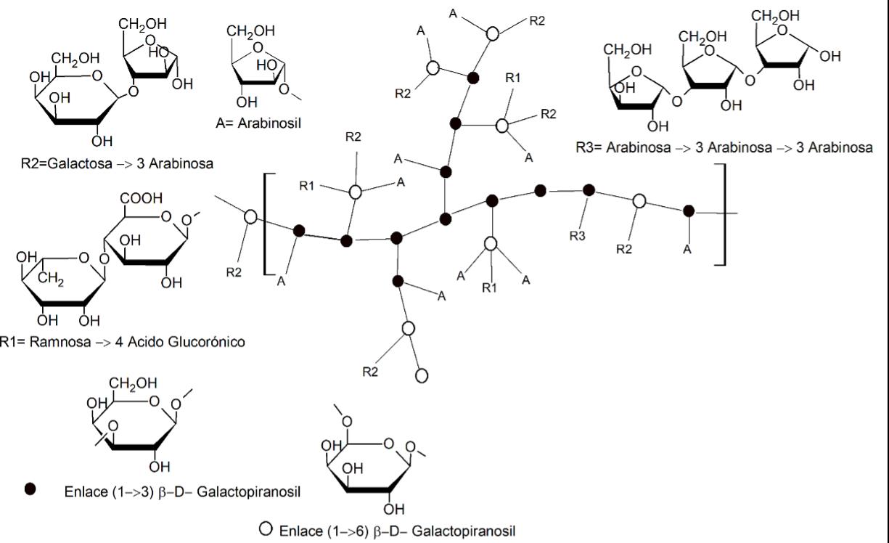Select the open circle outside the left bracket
click(251, 216)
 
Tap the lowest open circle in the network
click(422, 376)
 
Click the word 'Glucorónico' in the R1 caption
click(211, 341)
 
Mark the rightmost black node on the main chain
click(689, 211)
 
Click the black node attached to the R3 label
click(589, 190)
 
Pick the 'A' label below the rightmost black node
click(687, 249)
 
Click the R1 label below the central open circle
click(491, 288)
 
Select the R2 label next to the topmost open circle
click(537, 21)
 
